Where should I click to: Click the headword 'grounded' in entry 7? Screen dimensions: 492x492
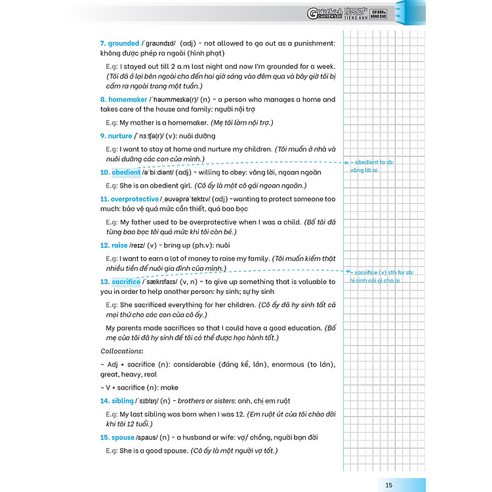tap(124, 43)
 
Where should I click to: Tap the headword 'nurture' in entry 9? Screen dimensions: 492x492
tap(120, 136)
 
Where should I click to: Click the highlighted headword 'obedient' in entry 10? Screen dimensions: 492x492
tap(126, 173)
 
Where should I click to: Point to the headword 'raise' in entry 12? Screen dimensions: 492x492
tap(119, 245)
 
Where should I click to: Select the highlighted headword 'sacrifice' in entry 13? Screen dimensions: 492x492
tap(126, 281)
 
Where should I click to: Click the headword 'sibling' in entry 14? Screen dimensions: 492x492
tap(121, 401)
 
